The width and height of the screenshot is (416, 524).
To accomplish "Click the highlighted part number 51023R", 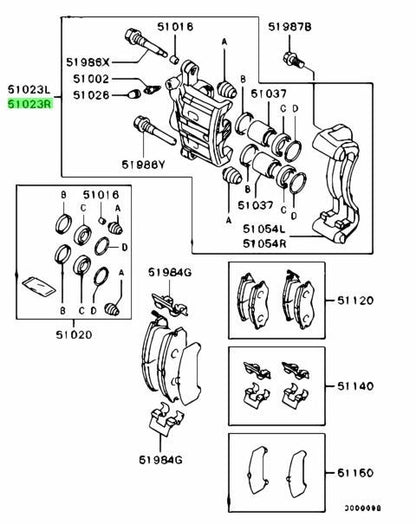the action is coord(30,104).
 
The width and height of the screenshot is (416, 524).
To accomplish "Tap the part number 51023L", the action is coord(29,90).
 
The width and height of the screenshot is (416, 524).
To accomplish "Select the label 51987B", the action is coord(290,27).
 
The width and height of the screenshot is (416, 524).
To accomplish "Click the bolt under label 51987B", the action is coord(293,60).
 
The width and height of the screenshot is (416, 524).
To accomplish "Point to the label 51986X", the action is coord(88,62).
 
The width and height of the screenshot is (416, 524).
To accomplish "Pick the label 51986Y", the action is coord(143,164).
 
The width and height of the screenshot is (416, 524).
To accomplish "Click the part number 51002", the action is coord(91,79).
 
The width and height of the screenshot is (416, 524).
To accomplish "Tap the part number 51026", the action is coord(91,95).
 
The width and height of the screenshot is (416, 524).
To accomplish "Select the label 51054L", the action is coord(264,229).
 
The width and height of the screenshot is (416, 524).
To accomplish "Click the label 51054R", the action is coord(264,243).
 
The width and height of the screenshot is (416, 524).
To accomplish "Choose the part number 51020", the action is coord(74,335).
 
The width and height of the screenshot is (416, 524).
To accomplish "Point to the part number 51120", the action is coord(355,300).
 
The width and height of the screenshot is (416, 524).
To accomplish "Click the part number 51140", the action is coord(355,386).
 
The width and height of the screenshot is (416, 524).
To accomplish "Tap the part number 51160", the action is coord(355,473).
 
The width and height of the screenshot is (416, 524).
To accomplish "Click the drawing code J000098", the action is coord(363,509).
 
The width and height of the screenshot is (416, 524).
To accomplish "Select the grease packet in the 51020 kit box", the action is coord(38,286).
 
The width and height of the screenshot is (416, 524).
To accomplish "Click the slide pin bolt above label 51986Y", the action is coord(154,131).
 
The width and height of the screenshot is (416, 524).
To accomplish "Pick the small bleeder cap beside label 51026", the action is coord(134,94).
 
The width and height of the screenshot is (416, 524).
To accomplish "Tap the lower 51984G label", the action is coord(161,460).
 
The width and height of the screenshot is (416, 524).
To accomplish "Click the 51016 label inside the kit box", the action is coord(101,194).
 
